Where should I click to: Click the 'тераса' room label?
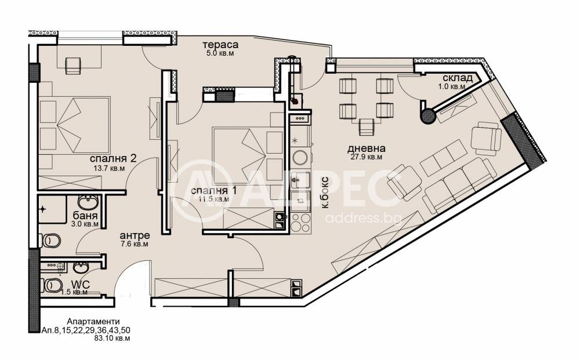pos(220,45)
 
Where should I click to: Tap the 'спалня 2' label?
pos(113,159)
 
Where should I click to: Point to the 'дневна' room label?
pos(366,148)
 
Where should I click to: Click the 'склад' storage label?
pos(458,78)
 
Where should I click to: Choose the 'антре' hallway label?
pos(135,235)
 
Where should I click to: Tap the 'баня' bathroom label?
pos(85,216)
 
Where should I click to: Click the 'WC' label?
pos(80,285)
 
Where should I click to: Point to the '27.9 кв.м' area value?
pos(366,157)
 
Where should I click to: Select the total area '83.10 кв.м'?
pos(112,338)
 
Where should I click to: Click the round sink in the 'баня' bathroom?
pos(88,202)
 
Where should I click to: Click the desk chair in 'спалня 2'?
pos(73,66)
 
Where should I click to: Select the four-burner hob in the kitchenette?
pos(300,223)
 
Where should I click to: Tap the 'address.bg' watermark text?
pos(363,218)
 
